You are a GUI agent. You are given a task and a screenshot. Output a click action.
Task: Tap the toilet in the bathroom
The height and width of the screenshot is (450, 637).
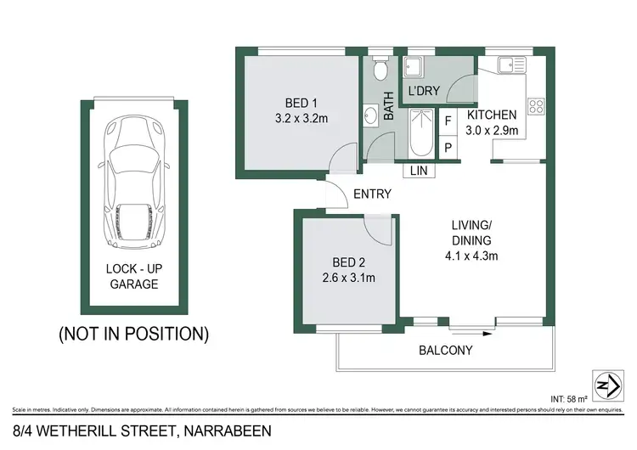click(x=380, y=70)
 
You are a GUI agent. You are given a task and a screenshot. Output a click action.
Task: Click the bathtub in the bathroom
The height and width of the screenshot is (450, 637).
click(x=421, y=133)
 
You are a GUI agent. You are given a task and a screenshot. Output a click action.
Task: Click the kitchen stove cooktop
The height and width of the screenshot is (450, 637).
click(x=537, y=106)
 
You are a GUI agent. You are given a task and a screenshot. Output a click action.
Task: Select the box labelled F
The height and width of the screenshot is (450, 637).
click(x=448, y=121)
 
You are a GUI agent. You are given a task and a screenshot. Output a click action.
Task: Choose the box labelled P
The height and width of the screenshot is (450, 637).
click(x=448, y=146)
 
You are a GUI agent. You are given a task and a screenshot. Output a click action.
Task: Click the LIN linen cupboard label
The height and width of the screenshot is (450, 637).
click(x=419, y=171)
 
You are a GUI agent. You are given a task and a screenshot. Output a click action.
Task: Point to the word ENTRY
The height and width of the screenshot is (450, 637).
click(x=372, y=194)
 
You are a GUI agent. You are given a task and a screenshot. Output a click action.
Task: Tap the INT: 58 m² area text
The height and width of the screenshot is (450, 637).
click(x=589, y=396)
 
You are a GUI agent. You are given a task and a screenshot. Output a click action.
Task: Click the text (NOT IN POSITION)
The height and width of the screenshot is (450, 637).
click(x=132, y=334)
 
